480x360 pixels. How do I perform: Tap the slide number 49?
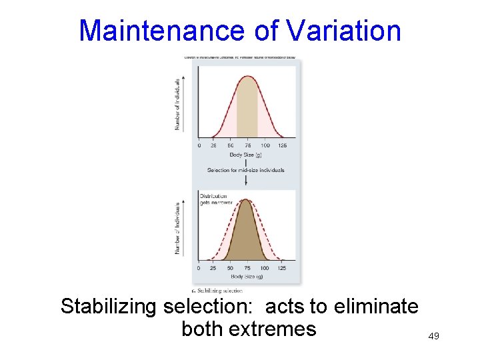pos(433,337)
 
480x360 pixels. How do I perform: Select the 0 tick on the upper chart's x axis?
pos(199,145)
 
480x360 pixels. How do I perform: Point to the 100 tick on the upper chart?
pos(265,145)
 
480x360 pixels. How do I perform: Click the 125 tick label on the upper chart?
pos(282,145)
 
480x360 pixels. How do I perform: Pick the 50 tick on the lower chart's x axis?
pos(230,268)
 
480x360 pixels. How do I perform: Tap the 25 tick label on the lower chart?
pos(213,268)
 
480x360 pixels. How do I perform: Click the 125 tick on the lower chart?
pos(282,268)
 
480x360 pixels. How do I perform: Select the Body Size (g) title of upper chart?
pos(245,155)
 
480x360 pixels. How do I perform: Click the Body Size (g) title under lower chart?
pos(245,276)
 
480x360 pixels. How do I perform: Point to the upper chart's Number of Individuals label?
pos(177,103)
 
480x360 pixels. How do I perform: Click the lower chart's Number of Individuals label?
pos(177,227)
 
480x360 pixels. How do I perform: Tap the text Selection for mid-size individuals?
pos(245,170)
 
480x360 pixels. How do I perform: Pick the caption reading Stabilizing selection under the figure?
pos(217,290)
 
